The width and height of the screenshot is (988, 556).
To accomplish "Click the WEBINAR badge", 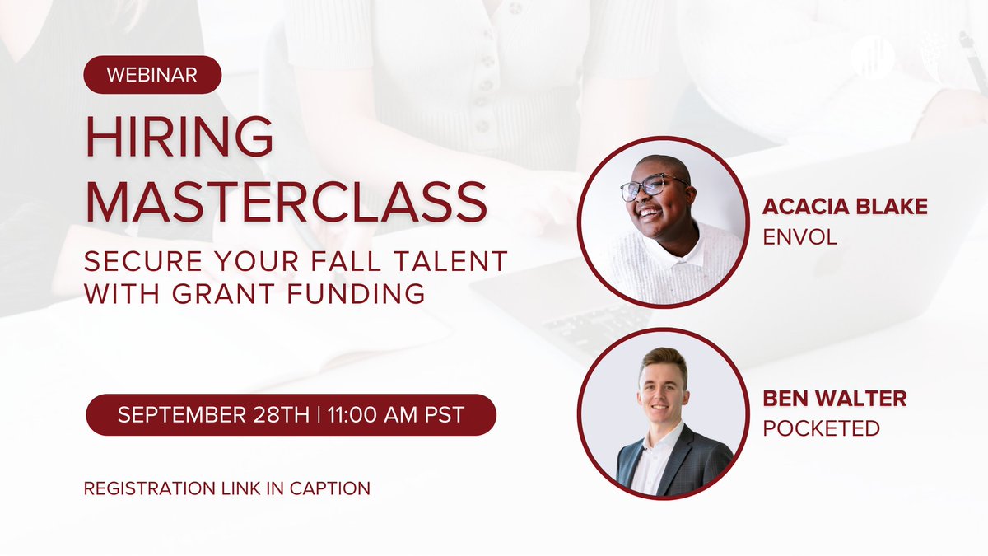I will tap(152, 75).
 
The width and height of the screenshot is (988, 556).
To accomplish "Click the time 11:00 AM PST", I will tap(394, 414).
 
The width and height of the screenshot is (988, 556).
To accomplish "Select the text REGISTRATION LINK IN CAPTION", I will tap(227, 488).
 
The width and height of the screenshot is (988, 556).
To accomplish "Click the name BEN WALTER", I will tap(835, 399).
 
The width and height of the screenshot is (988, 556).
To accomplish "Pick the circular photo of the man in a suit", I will tap(663, 413).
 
